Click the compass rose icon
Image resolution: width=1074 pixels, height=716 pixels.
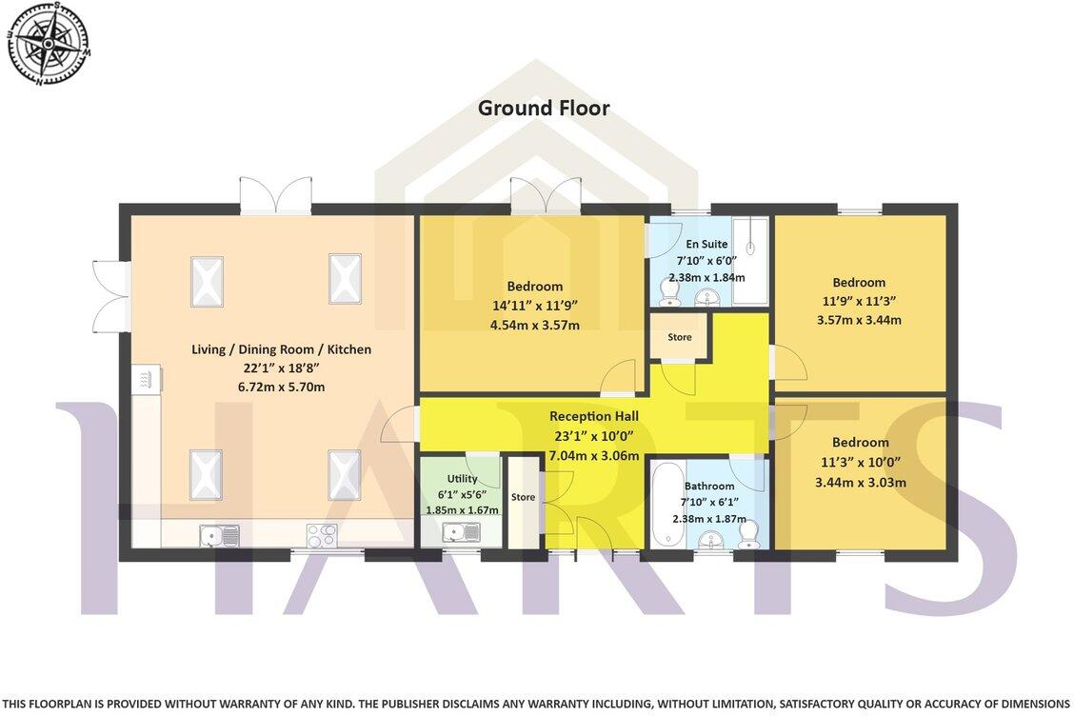48,43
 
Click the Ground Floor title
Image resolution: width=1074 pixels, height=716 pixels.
543,108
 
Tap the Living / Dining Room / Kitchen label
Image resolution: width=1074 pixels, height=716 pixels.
281,349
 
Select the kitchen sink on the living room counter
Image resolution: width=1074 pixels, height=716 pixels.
220,536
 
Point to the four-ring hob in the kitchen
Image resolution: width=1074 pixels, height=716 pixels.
322,535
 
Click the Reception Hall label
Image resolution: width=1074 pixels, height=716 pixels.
593,416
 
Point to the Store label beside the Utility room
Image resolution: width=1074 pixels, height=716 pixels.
523,497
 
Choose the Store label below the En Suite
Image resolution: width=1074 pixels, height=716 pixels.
679,337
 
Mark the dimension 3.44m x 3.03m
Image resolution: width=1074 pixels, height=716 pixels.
860,482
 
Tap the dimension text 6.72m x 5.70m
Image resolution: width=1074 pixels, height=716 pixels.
281,387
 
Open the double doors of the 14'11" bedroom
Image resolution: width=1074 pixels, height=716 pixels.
546,195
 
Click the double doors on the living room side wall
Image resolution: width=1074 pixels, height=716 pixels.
111,295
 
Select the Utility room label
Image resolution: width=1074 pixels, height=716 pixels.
462,479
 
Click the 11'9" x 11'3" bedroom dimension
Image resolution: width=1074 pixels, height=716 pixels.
859,301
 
